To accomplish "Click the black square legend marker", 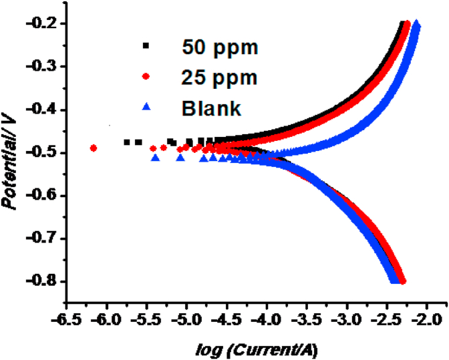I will click(x=146, y=46).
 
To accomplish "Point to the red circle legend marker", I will click(x=146, y=76).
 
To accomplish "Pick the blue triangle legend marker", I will click(x=146, y=106).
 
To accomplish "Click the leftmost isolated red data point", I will click(x=94, y=148).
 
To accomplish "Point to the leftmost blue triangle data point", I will click(x=156, y=158).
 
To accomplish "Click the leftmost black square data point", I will click(x=127, y=142).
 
